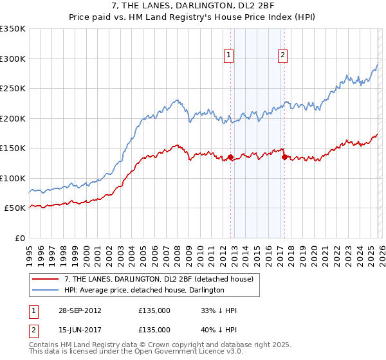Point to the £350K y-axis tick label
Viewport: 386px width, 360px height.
click(x=13, y=29)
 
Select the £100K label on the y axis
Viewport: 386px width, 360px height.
click(x=13, y=178)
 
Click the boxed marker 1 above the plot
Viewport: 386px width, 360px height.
click(x=230, y=56)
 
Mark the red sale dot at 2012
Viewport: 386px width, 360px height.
click(x=230, y=157)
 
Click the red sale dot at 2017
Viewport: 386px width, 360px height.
click(x=284, y=157)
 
